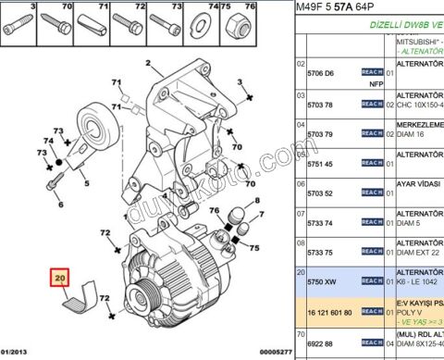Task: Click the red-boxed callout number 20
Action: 61,277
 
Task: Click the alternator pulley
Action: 138,295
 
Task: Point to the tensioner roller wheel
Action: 94,121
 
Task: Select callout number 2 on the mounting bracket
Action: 147,64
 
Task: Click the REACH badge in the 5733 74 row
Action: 372,223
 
